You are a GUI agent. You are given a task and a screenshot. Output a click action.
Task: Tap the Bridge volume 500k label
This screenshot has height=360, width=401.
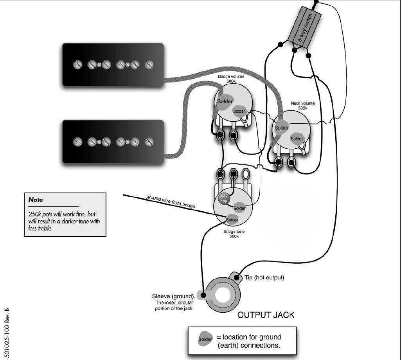(x=231, y=79)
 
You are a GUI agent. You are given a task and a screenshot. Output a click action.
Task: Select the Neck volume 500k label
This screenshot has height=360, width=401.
(x=303, y=106)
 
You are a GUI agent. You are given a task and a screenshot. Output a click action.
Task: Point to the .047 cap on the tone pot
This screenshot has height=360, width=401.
(x=224, y=198)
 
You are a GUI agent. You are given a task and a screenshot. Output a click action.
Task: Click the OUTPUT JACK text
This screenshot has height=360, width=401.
(x=266, y=315)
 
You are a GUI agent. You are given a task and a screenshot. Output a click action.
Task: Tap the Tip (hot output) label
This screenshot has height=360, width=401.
(x=264, y=278)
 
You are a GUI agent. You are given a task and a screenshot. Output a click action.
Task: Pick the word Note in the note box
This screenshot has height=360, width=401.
(x=36, y=200)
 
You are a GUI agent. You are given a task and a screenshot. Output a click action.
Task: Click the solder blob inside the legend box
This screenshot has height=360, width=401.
(x=205, y=339)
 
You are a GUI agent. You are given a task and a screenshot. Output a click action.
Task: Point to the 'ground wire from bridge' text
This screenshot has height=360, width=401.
(x=171, y=202)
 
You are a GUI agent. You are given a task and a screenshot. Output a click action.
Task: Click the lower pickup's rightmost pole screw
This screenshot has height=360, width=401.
(x=149, y=141)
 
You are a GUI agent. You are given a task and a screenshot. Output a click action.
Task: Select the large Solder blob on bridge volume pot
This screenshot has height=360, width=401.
(x=225, y=101)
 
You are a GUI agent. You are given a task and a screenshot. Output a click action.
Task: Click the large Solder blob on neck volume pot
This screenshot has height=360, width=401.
(x=281, y=128)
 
